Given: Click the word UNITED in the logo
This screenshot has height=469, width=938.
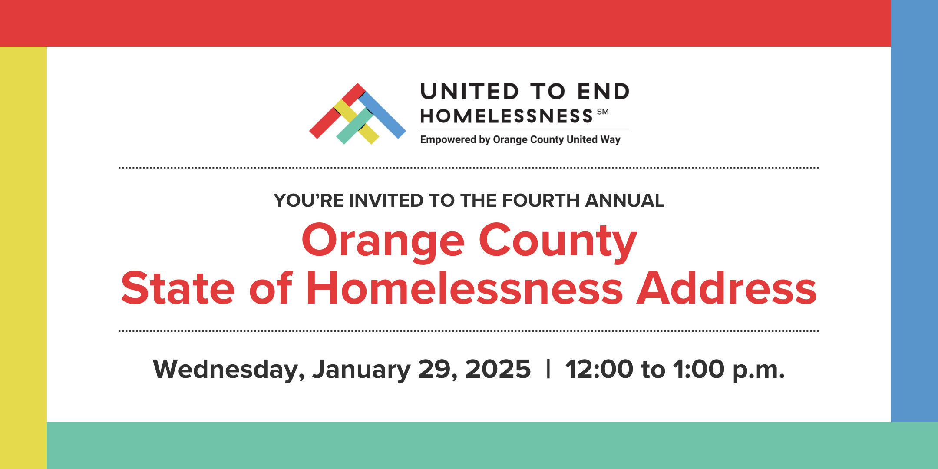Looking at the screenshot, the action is (x=470, y=92).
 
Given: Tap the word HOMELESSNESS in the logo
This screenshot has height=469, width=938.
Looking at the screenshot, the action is (x=506, y=116).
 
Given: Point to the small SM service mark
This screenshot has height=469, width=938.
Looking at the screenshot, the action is (x=603, y=112).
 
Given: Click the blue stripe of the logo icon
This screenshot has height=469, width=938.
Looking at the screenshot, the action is (x=382, y=115).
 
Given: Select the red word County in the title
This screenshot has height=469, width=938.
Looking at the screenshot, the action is (x=558, y=241).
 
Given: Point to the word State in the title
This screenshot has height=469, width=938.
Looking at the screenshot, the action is (x=178, y=288).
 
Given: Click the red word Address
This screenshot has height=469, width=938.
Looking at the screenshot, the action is (x=727, y=288).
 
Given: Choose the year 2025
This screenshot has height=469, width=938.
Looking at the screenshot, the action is (x=498, y=369).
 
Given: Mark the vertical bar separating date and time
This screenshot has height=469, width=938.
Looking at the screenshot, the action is (x=548, y=369).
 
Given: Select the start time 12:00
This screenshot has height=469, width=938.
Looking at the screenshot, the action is (x=599, y=369).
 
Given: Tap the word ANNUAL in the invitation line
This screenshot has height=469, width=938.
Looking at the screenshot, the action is (x=624, y=201).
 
